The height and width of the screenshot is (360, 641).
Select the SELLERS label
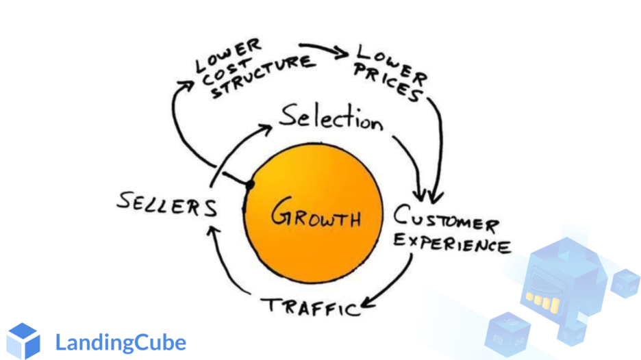click(166, 204)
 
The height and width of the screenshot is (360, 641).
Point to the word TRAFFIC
click(312, 306)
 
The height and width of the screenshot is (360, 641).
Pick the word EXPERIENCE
click(451, 244)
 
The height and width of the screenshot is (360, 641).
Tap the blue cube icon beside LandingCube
click(23, 341)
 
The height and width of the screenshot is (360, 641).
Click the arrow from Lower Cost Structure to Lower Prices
click(325, 50)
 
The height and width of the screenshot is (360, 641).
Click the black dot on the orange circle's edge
click(251, 184)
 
